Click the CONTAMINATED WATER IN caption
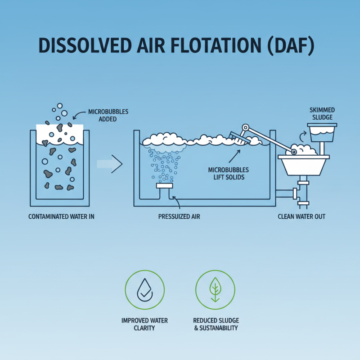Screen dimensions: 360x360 (x=61, y=216)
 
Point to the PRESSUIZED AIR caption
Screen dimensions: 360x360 (x=179, y=216)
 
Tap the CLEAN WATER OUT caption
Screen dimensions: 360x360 (x=301, y=216)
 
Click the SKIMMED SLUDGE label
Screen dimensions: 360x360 (x=322, y=113)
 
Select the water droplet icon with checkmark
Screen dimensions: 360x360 (x=144, y=290)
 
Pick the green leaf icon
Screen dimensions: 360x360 (x=215, y=290)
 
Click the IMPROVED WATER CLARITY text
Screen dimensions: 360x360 (x=144, y=324)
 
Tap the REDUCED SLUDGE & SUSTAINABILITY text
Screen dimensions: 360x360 (x=216, y=324)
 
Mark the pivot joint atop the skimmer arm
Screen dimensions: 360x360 (x=245, y=127)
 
